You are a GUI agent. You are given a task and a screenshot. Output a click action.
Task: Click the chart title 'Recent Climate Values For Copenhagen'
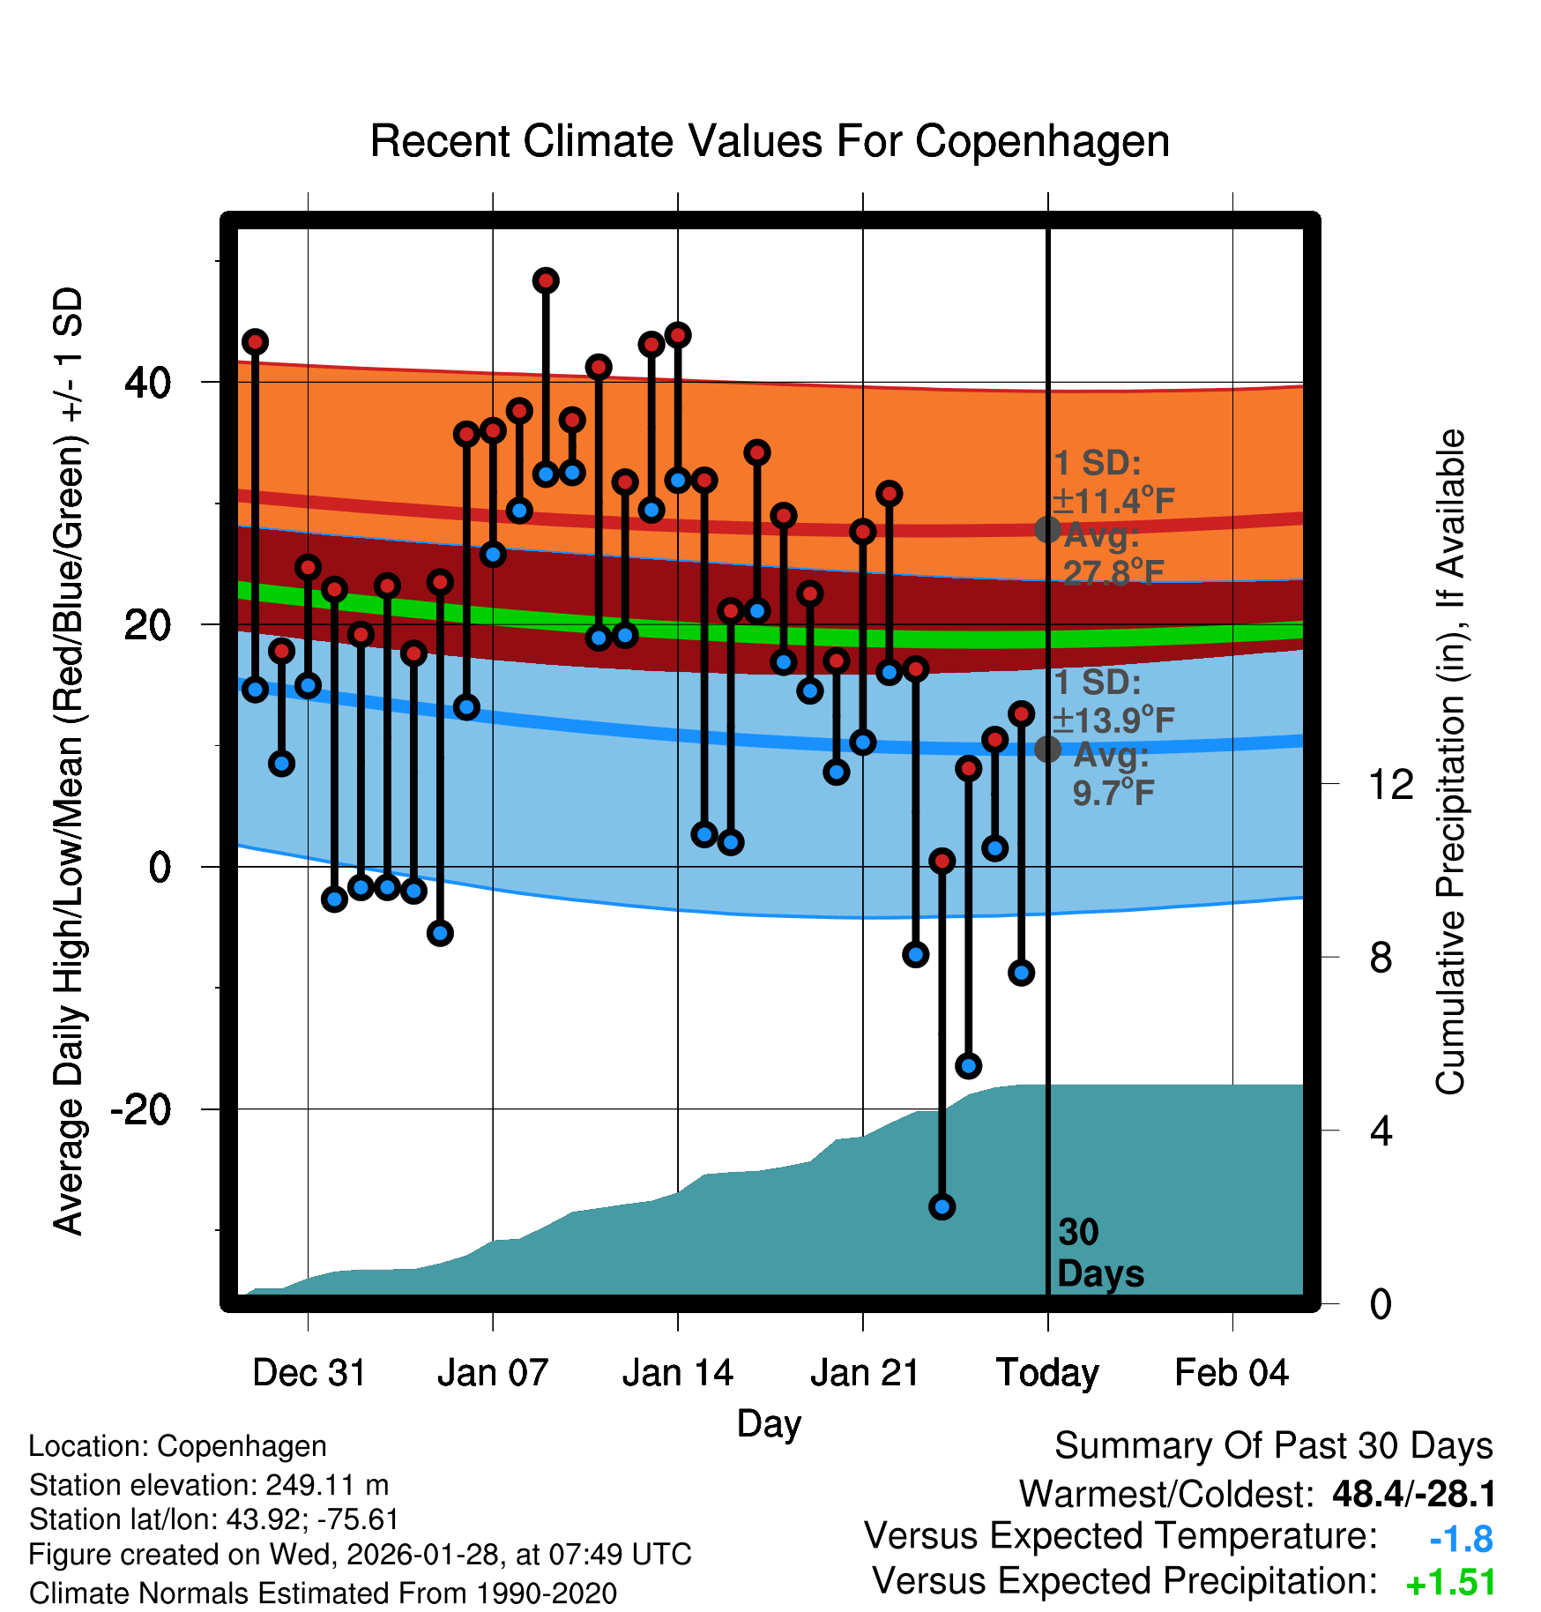[770, 141]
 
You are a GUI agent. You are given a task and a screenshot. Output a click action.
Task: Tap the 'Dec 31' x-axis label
[309, 1373]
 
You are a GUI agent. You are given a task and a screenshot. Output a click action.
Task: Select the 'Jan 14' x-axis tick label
[677, 1373]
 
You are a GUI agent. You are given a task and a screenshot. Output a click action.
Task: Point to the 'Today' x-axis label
[1047, 1373]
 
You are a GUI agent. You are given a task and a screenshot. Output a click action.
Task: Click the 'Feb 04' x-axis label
[1232, 1373]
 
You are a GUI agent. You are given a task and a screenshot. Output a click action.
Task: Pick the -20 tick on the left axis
[141, 1109]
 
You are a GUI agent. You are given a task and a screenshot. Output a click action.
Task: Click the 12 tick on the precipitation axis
[1390, 784]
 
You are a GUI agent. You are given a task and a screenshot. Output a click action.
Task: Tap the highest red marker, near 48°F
[546, 281]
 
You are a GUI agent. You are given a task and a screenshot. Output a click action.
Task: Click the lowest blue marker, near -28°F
[942, 1206]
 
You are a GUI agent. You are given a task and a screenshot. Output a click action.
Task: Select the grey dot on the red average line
[1047, 529]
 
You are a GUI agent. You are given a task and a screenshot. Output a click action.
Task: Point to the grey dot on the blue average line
[1047, 749]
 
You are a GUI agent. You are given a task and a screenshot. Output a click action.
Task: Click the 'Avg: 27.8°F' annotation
[1113, 555]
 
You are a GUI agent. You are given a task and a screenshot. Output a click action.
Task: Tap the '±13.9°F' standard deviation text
[1114, 720]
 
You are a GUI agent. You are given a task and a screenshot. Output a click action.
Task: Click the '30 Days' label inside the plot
[1099, 1253]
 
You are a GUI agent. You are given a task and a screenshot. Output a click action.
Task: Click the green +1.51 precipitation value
[1450, 1583]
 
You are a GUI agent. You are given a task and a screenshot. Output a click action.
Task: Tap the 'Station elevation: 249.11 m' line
[209, 1485]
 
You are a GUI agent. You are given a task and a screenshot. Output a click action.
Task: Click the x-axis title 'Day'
[769, 1423]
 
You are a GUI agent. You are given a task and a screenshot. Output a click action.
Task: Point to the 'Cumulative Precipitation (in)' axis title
[1450, 762]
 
